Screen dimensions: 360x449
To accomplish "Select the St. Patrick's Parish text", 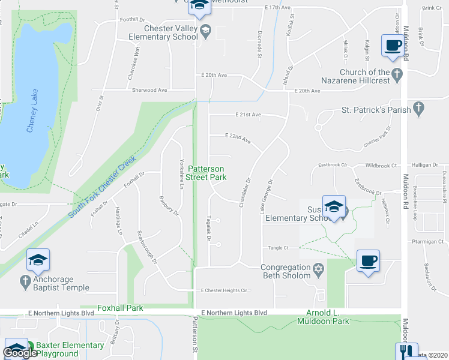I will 376,110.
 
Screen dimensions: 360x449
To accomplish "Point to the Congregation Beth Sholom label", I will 285,271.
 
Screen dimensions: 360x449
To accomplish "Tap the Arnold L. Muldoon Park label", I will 323,317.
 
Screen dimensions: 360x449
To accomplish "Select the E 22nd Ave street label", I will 238,137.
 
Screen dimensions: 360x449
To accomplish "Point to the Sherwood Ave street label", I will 149,90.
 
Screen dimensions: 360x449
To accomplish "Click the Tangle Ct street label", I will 279,247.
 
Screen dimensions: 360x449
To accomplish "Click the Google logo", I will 20,353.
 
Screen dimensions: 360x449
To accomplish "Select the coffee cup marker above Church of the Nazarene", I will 393,46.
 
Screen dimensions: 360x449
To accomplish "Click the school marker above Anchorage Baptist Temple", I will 38,260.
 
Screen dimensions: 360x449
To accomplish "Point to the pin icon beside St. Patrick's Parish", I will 419,109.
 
